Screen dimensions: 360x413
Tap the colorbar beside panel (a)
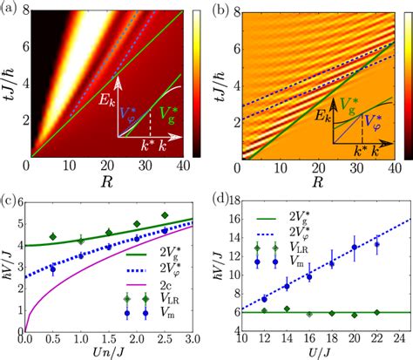click(197, 84)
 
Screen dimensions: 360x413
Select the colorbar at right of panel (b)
click(403, 84)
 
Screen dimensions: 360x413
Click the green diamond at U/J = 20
click(354, 315)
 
